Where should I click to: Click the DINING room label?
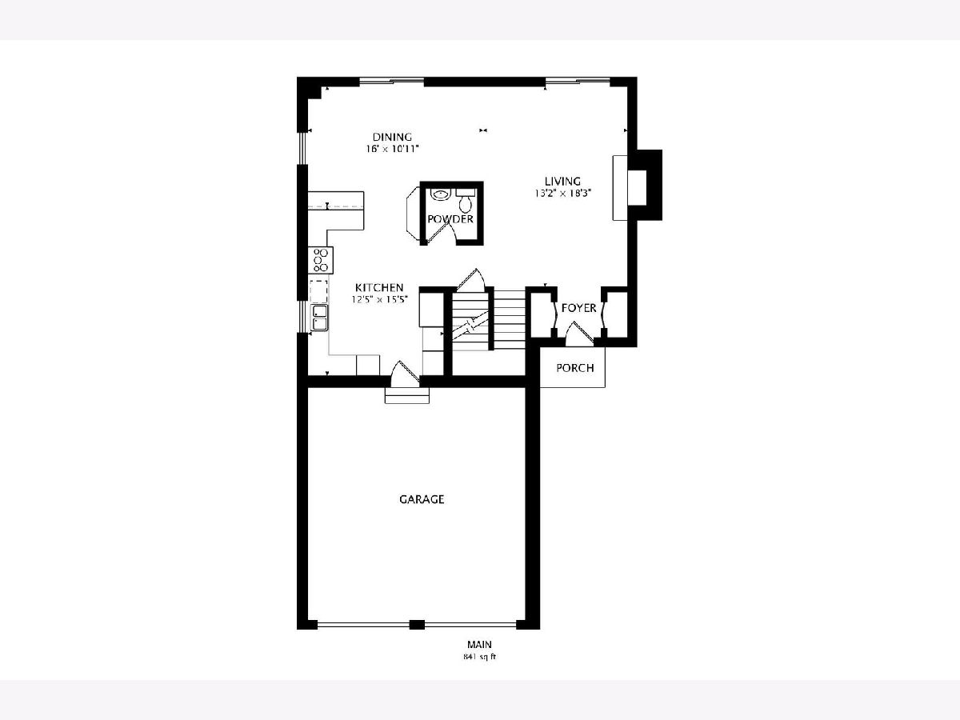coord(392,138)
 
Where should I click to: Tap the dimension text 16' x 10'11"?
coord(392,149)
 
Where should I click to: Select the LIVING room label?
coord(562,181)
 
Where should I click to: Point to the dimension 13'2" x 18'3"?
coord(562,194)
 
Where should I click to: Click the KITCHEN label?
coord(378,288)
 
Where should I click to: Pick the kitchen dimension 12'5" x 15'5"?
coord(379,299)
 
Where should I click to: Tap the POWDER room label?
coord(450,219)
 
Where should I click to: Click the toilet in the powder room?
coord(466,201)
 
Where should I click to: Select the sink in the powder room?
coord(439,194)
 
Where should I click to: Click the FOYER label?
coord(578,308)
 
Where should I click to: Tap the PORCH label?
coord(574,368)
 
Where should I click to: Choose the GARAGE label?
coord(422,499)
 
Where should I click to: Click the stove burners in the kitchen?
coord(321,260)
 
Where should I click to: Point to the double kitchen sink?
coord(319,318)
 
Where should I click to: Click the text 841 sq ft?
coord(479,657)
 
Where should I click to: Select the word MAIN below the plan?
coord(479,644)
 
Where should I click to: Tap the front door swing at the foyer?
coord(578,334)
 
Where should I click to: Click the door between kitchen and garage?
coord(405,374)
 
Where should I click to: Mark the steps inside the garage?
coord(406,395)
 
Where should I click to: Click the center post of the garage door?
coord(417,625)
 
